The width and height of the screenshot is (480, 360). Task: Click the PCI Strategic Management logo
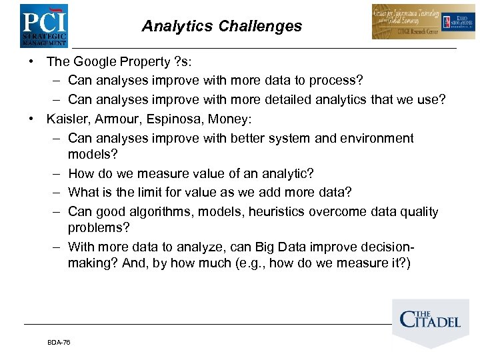(x=43, y=25)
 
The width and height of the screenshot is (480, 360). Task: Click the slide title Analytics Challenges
(x=221, y=27)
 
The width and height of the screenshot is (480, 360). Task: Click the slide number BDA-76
(x=59, y=342)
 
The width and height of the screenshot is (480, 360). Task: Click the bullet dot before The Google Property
(x=31, y=62)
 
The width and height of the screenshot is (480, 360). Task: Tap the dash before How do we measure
(x=55, y=173)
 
